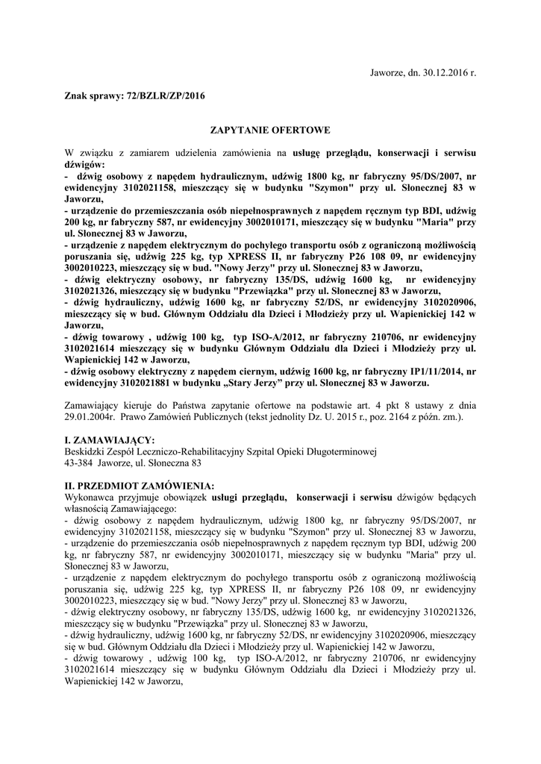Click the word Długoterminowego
337,451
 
